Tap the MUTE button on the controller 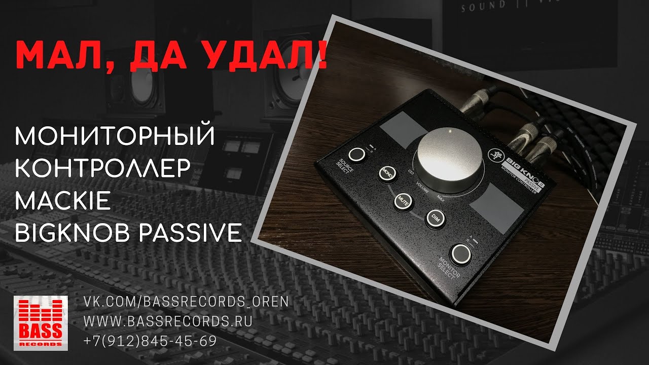pyautogui.click(x=404, y=199)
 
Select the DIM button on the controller pyautogui.click(x=435, y=217)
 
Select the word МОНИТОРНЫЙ pyautogui.click(x=116, y=137)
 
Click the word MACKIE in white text pyautogui.click(x=63, y=201)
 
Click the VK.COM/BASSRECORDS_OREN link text pyautogui.click(x=186, y=302)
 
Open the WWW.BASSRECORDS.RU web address pyautogui.click(x=167, y=321)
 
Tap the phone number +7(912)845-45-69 pyautogui.click(x=150, y=341)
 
